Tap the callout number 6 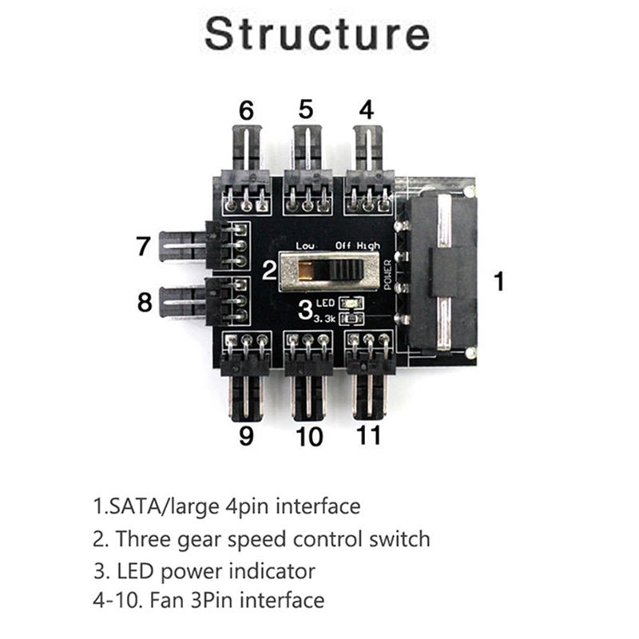(x=246, y=111)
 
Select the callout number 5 (x=306, y=109)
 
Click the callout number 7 (x=143, y=247)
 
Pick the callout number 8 (x=144, y=303)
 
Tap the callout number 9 (x=246, y=436)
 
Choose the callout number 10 (x=308, y=438)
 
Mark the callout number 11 (x=368, y=436)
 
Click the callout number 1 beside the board (x=500, y=281)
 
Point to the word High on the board (x=367, y=246)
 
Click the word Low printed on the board (x=305, y=246)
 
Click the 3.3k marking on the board (x=324, y=319)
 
